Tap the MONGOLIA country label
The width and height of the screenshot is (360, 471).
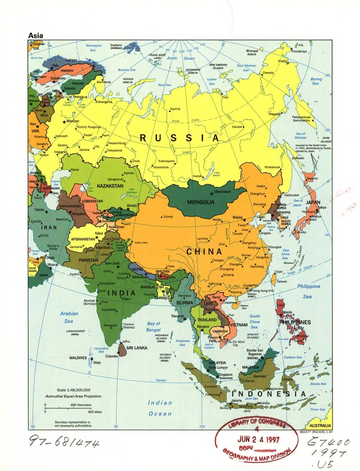201,202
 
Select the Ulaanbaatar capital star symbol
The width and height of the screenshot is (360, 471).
211,192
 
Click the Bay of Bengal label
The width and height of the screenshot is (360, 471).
153,327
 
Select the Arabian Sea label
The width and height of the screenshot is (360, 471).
69,317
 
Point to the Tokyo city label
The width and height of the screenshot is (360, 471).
321,207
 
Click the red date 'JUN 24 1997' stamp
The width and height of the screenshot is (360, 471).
258,440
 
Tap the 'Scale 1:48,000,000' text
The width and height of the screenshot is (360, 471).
73,390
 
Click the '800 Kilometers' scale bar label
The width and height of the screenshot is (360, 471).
81,405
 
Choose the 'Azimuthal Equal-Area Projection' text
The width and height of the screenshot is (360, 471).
73,396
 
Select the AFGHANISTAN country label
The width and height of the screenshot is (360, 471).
83,239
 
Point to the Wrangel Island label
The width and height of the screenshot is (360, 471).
251,53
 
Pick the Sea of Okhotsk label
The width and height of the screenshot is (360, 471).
300,135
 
